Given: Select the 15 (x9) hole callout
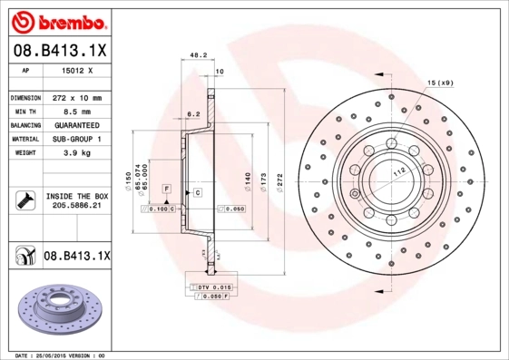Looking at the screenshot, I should (440, 83).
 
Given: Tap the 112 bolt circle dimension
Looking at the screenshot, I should (397, 172).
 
